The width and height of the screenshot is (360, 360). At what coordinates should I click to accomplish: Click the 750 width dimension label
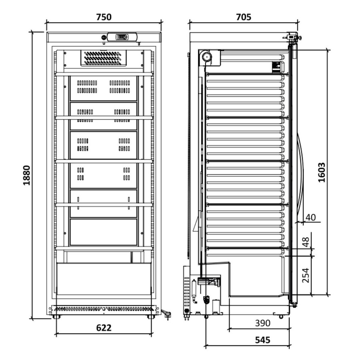(x=104, y=17)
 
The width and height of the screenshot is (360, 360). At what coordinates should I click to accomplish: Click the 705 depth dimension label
(x=244, y=17)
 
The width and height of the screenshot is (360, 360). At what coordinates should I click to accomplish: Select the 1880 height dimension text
(x=27, y=175)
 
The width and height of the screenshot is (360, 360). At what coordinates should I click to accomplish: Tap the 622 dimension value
(x=104, y=328)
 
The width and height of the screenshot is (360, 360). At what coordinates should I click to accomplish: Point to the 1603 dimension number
(x=322, y=172)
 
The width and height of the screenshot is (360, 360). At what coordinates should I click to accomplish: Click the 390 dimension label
(x=263, y=323)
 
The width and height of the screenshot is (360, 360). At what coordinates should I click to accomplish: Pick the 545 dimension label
(x=263, y=340)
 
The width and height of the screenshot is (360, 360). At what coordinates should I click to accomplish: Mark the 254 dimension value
(x=306, y=275)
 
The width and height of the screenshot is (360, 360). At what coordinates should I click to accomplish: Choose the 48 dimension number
(x=306, y=242)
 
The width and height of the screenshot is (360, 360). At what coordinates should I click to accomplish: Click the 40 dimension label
(x=311, y=217)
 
